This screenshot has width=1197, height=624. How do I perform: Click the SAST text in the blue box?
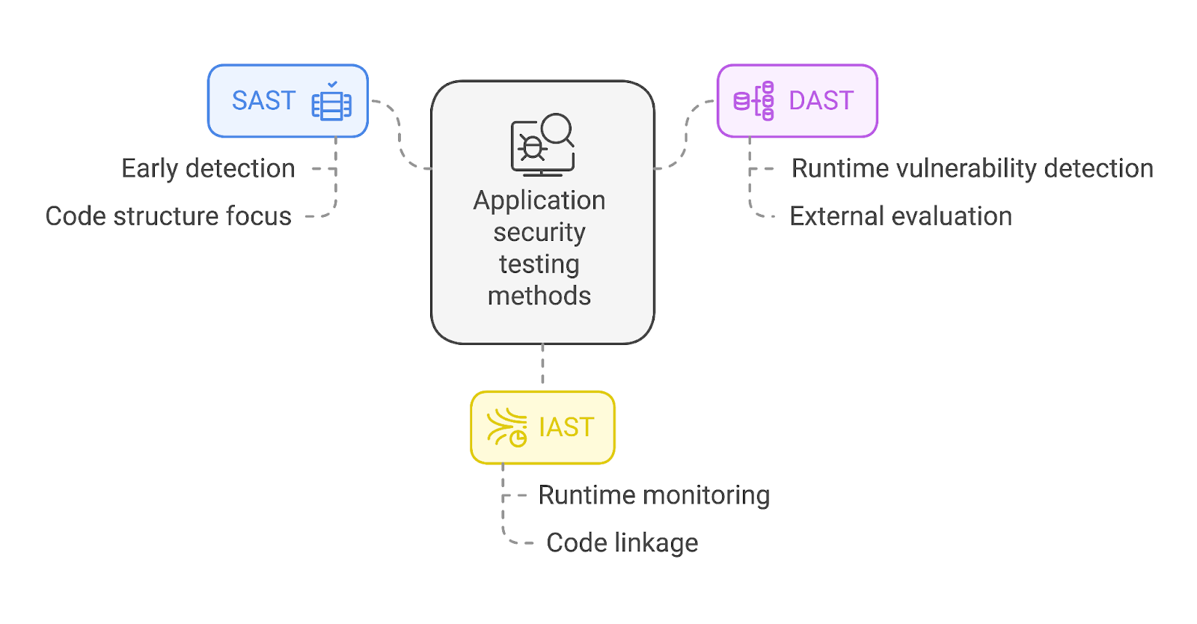tap(263, 100)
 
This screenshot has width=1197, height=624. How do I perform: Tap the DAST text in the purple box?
tap(821, 100)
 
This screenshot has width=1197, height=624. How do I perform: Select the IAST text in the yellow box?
tap(567, 427)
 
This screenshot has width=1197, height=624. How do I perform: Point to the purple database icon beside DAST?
tap(753, 101)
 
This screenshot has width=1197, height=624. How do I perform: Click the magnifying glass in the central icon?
tap(558, 129)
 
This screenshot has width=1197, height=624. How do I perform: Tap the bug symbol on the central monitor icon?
tap(532, 147)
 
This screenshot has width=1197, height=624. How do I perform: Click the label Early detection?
tap(209, 169)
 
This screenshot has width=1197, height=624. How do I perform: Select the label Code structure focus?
tap(168, 216)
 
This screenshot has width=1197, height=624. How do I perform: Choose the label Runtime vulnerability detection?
tap(973, 169)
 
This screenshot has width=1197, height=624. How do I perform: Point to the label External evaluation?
tap(901, 216)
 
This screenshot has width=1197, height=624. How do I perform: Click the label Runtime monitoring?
tap(654, 495)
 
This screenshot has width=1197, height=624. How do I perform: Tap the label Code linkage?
tap(622, 542)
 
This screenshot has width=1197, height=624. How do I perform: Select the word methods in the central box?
tap(539, 296)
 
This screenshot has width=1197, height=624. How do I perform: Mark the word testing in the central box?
tap(539, 265)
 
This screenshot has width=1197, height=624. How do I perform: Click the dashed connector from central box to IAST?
tap(543, 364)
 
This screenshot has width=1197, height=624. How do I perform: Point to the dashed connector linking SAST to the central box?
tap(399, 134)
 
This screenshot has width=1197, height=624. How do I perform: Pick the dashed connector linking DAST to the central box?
tap(686, 134)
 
